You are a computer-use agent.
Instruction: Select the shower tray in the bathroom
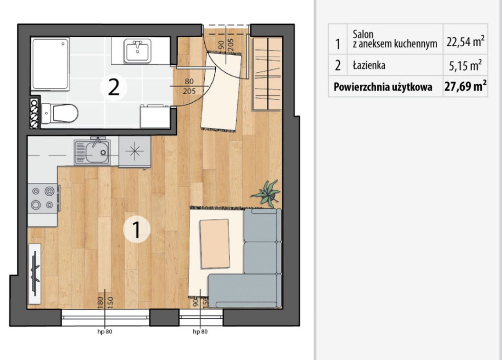50,64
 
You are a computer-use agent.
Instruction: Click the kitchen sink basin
92,152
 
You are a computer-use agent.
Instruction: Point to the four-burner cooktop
43,198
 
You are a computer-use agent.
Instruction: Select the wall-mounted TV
35,274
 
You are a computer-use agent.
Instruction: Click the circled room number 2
114,88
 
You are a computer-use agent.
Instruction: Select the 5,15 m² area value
465,65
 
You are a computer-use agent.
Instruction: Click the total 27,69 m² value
465,86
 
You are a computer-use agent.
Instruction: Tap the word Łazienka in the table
369,65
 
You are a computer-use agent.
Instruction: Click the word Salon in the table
363,35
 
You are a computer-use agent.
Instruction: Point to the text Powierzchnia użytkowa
383,87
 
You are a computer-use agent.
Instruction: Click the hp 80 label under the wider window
105,331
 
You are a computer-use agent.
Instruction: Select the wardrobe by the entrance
267,74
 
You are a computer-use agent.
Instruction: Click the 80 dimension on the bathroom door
189,82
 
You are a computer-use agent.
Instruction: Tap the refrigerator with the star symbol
135,152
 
